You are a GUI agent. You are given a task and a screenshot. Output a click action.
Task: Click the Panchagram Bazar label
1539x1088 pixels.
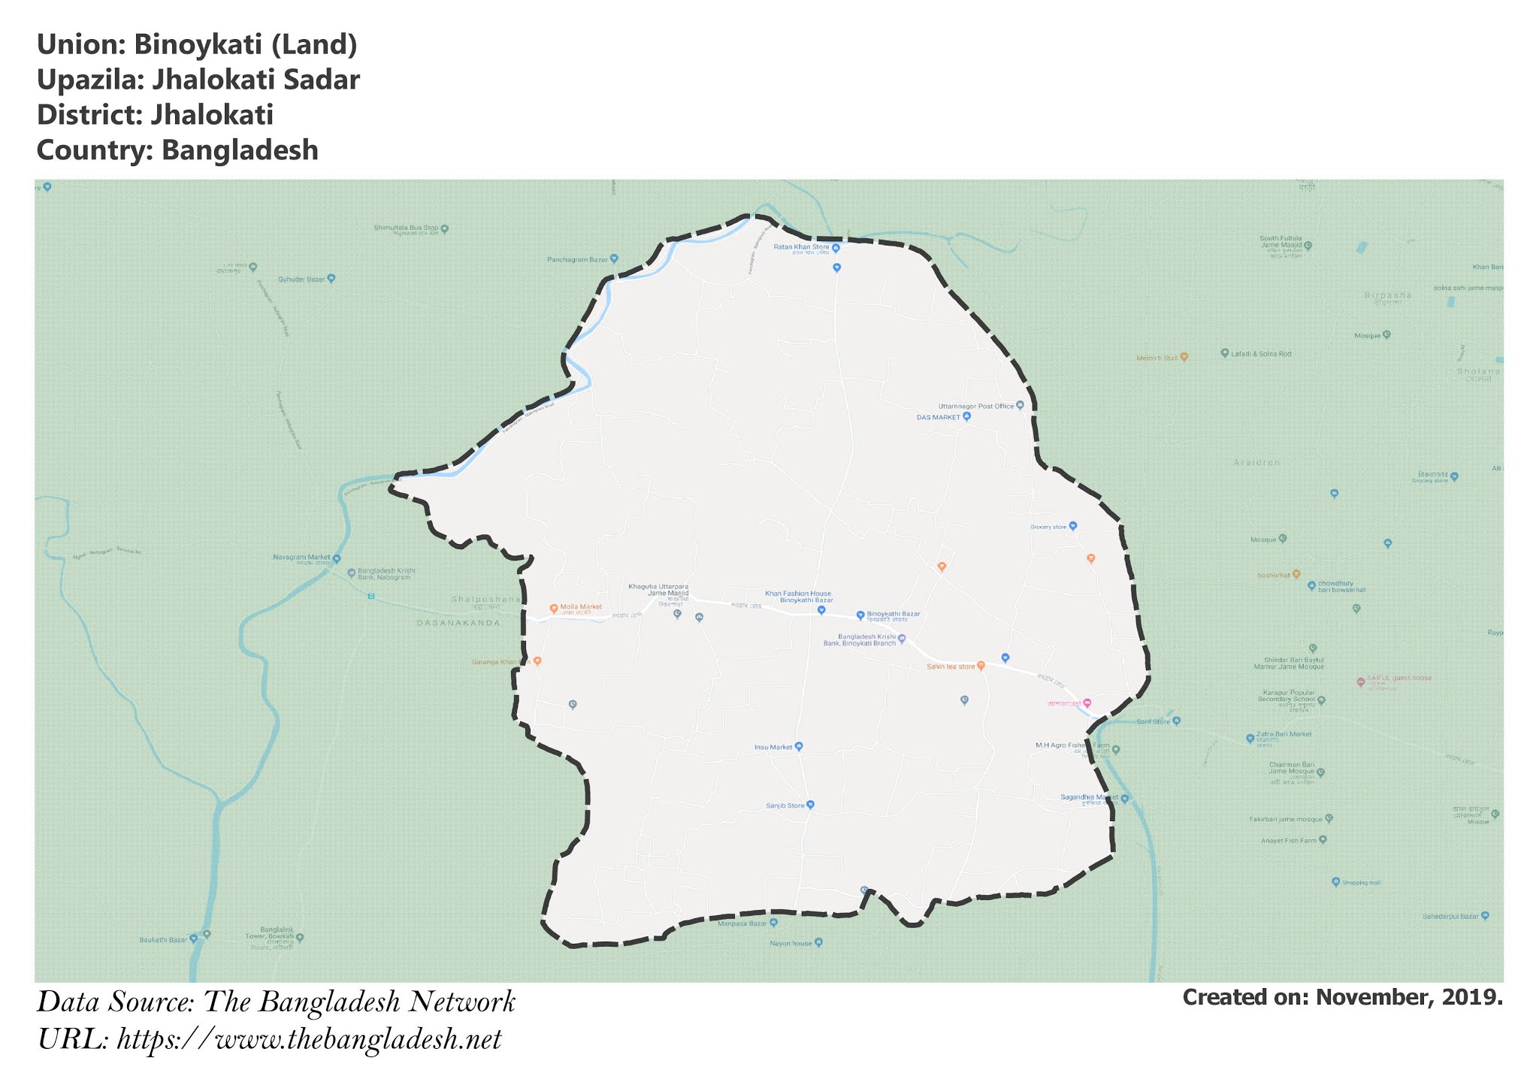tap(577, 260)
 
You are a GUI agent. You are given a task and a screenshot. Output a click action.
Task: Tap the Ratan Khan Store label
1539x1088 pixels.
tap(801, 247)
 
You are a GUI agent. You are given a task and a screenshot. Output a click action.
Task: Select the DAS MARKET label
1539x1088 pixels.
tap(938, 417)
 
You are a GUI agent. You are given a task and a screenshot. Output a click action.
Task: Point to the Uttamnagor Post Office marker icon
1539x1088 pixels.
tap(1020, 406)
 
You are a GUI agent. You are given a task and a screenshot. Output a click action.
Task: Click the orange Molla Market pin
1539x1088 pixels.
tap(554, 608)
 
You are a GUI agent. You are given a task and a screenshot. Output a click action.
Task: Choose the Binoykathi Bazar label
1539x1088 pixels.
tap(893, 615)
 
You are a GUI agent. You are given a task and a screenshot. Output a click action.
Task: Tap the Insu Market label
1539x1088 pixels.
tap(773, 748)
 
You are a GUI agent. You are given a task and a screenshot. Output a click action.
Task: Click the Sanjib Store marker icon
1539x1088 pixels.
tap(810, 805)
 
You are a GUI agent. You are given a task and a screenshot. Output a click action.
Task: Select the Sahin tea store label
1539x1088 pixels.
tap(950, 666)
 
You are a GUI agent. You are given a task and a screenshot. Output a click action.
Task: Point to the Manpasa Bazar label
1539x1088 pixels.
tap(742, 923)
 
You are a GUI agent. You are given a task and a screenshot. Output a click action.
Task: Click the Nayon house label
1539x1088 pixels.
tap(791, 943)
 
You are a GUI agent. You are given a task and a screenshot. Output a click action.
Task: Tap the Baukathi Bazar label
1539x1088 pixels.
tap(163, 940)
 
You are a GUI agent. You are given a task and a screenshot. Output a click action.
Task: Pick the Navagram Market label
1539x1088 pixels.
tap(301, 558)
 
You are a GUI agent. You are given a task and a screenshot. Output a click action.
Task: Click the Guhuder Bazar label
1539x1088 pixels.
tap(301, 280)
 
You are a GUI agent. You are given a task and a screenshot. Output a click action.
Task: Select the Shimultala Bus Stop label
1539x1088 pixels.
tap(406, 228)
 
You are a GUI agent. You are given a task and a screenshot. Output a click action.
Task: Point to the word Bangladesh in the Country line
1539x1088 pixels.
tap(240, 150)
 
